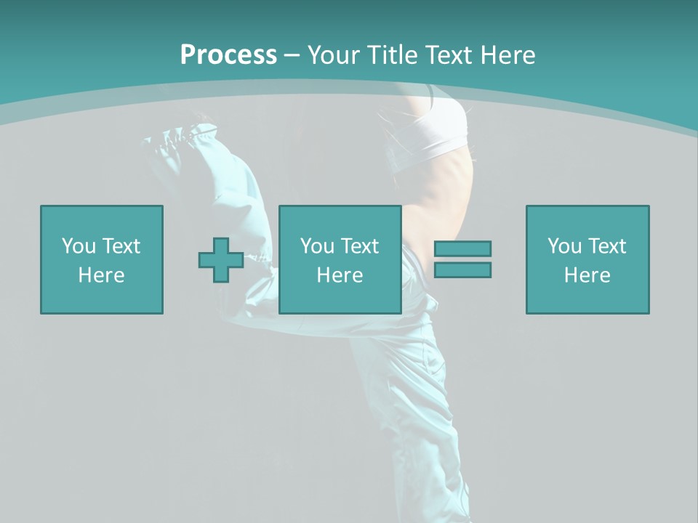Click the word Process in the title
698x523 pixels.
[228, 55]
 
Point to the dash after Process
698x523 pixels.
[292, 56]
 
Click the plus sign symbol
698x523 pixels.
[221, 260]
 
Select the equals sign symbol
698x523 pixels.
[462, 259]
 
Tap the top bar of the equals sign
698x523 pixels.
[462, 249]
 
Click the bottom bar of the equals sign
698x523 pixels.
[462, 269]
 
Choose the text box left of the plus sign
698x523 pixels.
[102, 259]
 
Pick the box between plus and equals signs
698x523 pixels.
[340, 259]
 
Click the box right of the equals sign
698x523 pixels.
[587, 259]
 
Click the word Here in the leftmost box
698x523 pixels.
[102, 275]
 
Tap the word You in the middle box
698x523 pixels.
[317, 246]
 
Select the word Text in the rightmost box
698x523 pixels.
[606, 246]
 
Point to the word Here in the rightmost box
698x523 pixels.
[587, 275]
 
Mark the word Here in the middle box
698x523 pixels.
[340, 275]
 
